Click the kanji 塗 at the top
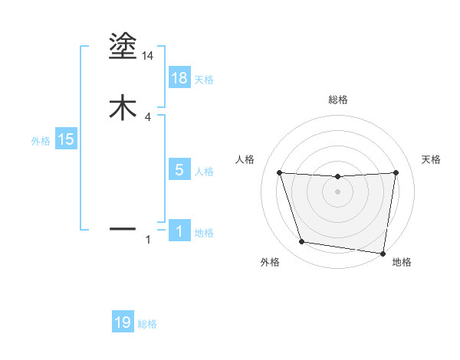coord(123,47)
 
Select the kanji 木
coord(123,108)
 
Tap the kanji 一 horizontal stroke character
coord(123,228)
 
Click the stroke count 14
coord(148,56)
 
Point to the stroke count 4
coord(148,117)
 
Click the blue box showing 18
coord(179,77)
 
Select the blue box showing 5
coord(179,170)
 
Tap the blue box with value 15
coord(66,139)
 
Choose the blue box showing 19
coord(123,322)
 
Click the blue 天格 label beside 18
coord(204,79)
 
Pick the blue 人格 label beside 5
coord(204,172)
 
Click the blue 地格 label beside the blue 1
coord(204,233)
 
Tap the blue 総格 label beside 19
coord(147,324)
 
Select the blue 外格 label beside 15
coord(40,141)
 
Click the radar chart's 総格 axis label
coord(338,100)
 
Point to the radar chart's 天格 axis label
coord(432,159)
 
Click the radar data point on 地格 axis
coord(383,253)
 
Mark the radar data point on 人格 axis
coord(280,172)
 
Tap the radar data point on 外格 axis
coord(302,242)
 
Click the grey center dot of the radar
coord(338,192)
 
